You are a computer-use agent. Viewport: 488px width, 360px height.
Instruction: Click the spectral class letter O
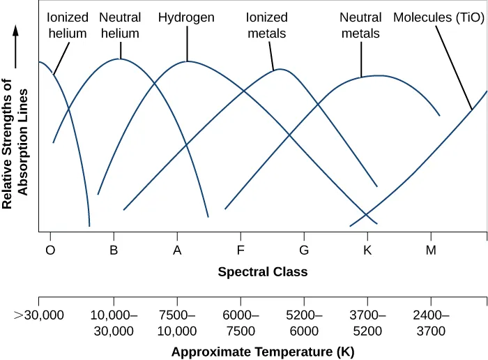tap(50, 250)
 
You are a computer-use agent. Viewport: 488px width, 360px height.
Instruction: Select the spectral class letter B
tap(114, 250)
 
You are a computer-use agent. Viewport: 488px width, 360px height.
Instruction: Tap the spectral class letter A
tap(177, 250)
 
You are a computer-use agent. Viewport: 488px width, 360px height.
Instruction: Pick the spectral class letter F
tap(241, 250)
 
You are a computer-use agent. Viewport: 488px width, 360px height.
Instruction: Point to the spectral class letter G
tap(304, 250)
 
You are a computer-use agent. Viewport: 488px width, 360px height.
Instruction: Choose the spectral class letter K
tap(367, 250)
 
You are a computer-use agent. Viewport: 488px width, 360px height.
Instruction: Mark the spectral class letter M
tap(431, 250)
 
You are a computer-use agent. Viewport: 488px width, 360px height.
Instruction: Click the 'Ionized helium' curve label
tap(68, 25)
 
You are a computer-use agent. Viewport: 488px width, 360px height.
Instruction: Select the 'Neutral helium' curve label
tap(120, 25)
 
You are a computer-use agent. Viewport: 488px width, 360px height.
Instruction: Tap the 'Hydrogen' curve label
tap(186, 17)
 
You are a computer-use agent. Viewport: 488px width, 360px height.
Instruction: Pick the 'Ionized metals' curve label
tap(267, 25)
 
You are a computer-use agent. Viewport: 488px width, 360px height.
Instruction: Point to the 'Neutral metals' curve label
tap(360, 25)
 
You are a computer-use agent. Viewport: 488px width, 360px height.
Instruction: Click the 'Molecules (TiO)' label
tap(439, 17)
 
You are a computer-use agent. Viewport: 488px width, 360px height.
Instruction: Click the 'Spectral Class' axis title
tap(262, 271)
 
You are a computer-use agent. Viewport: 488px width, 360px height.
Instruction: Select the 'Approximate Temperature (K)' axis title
tap(263, 352)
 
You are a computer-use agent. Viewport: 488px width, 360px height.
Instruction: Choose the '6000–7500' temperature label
tap(241, 323)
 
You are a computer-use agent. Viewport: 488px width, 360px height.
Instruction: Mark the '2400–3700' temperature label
tap(431, 323)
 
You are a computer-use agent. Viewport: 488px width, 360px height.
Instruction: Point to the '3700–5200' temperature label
tap(367, 323)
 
